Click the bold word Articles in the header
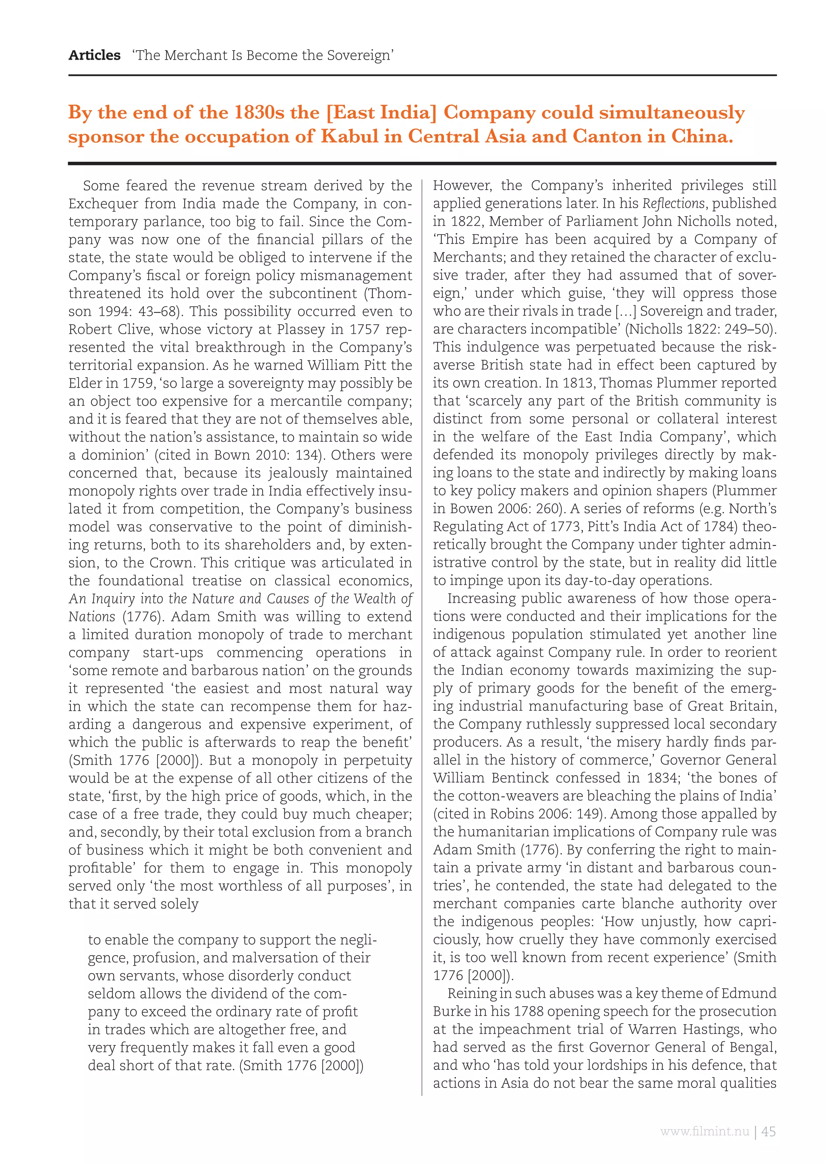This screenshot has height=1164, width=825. pyautogui.click(x=95, y=55)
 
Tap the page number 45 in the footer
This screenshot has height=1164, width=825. pyautogui.click(x=768, y=1131)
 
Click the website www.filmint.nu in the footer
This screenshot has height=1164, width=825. pyautogui.click(x=704, y=1131)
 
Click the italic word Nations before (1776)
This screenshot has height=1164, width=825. pyautogui.click(x=92, y=617)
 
